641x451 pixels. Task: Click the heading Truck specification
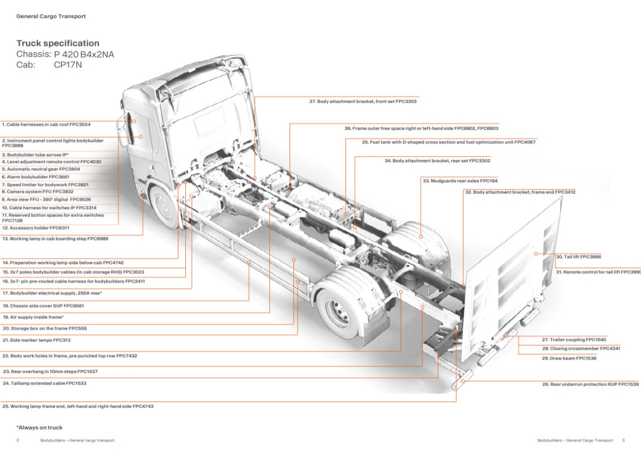point(58,43)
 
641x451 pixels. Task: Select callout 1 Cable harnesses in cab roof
point(46,124)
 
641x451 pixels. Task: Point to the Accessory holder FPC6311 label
point(36,228)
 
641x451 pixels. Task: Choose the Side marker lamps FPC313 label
point(37,340)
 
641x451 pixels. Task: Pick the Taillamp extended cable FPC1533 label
point(44,383)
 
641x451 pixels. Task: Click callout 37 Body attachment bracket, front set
point(363,101)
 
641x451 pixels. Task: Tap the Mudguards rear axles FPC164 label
point(460,180)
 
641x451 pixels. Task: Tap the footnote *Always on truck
point(39,427)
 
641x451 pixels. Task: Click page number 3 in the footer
point(623,440)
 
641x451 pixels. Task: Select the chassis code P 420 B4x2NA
point(84,54)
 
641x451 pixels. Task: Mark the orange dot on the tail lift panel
point(535,253)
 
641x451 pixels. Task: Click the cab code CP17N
point(68,64)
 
